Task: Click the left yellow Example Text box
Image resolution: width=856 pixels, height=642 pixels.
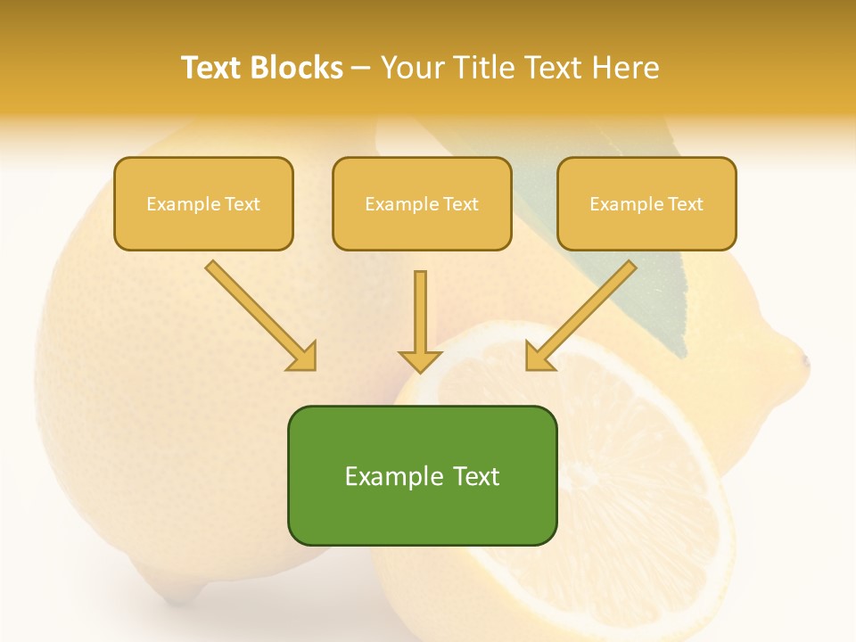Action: tap(203, 203)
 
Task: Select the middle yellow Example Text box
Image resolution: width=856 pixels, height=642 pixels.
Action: tap(422, 203)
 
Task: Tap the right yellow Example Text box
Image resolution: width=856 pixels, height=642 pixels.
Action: tap(646, 203)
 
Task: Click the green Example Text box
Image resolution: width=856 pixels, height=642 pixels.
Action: tap(422, 475)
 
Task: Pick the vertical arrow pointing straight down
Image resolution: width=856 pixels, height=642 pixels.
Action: tap(420, 321)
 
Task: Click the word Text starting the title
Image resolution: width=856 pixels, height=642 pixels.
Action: tap(211, 68)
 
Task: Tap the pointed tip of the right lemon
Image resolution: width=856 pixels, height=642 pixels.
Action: tap(803, 362)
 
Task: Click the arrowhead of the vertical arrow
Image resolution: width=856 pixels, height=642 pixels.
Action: tap(420, 360)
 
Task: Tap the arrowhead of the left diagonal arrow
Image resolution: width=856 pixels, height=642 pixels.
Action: tap(302, 356)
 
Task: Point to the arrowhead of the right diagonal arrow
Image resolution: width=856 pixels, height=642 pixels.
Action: tap(539, 356)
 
